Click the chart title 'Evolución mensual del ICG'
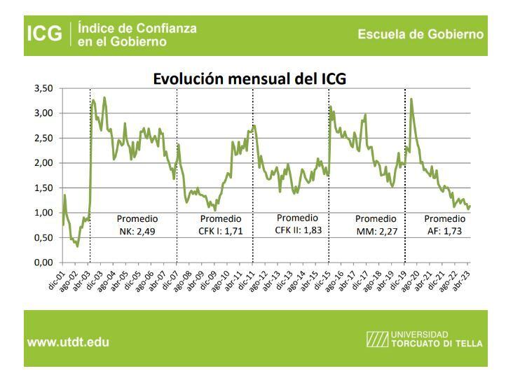pos(249,78)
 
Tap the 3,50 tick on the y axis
pos(44,88)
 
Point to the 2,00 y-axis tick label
pos(44,163)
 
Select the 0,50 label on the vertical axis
pos(44,238)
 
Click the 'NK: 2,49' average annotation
pos(137,230)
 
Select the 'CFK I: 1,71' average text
pos(220,230)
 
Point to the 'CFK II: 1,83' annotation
pos(298,230)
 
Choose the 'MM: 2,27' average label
pos(376,230)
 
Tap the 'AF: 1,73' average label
pos(444,230)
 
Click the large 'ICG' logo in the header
pos(44,34)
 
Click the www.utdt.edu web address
pos(68,343)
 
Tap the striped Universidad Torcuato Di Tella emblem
pos(376,342)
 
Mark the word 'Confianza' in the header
pos(167,28)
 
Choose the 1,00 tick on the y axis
pos(44,213)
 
